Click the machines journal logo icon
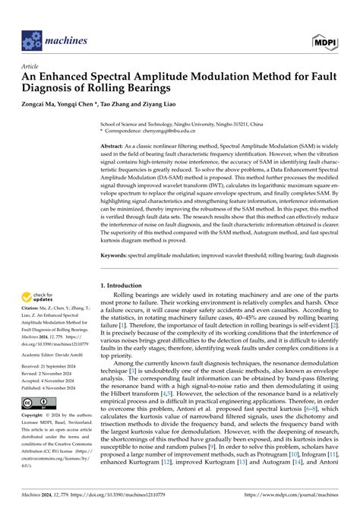tap(30, 40)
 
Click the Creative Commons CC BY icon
tap(36, 422)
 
